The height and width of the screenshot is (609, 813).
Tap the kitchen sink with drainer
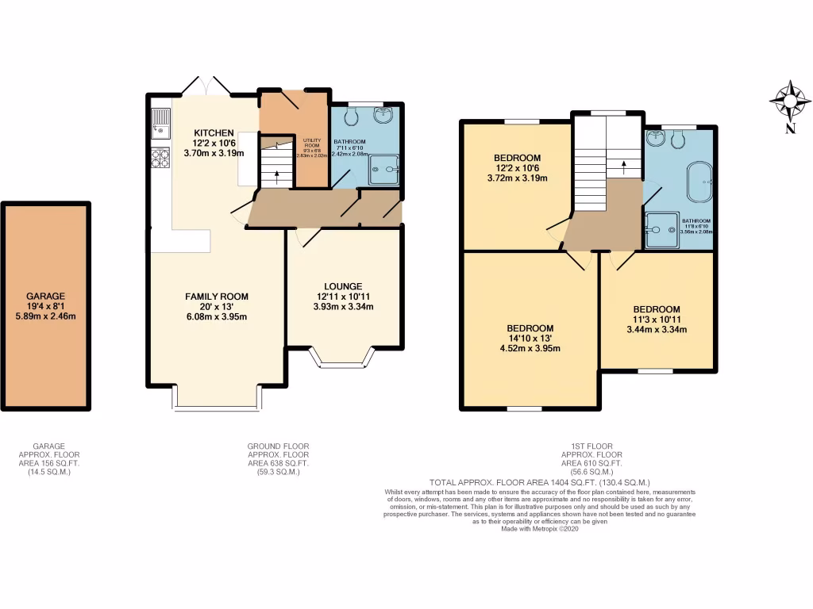tap(160, 123)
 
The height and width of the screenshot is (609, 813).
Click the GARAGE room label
tap(44, 296)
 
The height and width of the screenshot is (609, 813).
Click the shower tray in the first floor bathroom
tap(661, 230)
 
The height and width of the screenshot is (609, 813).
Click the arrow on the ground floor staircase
tap(276, 177)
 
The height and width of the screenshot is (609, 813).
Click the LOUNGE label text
tap(343, 286)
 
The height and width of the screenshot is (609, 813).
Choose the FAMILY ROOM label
tap(212, 296)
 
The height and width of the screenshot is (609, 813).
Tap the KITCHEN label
tap(214, 132)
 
